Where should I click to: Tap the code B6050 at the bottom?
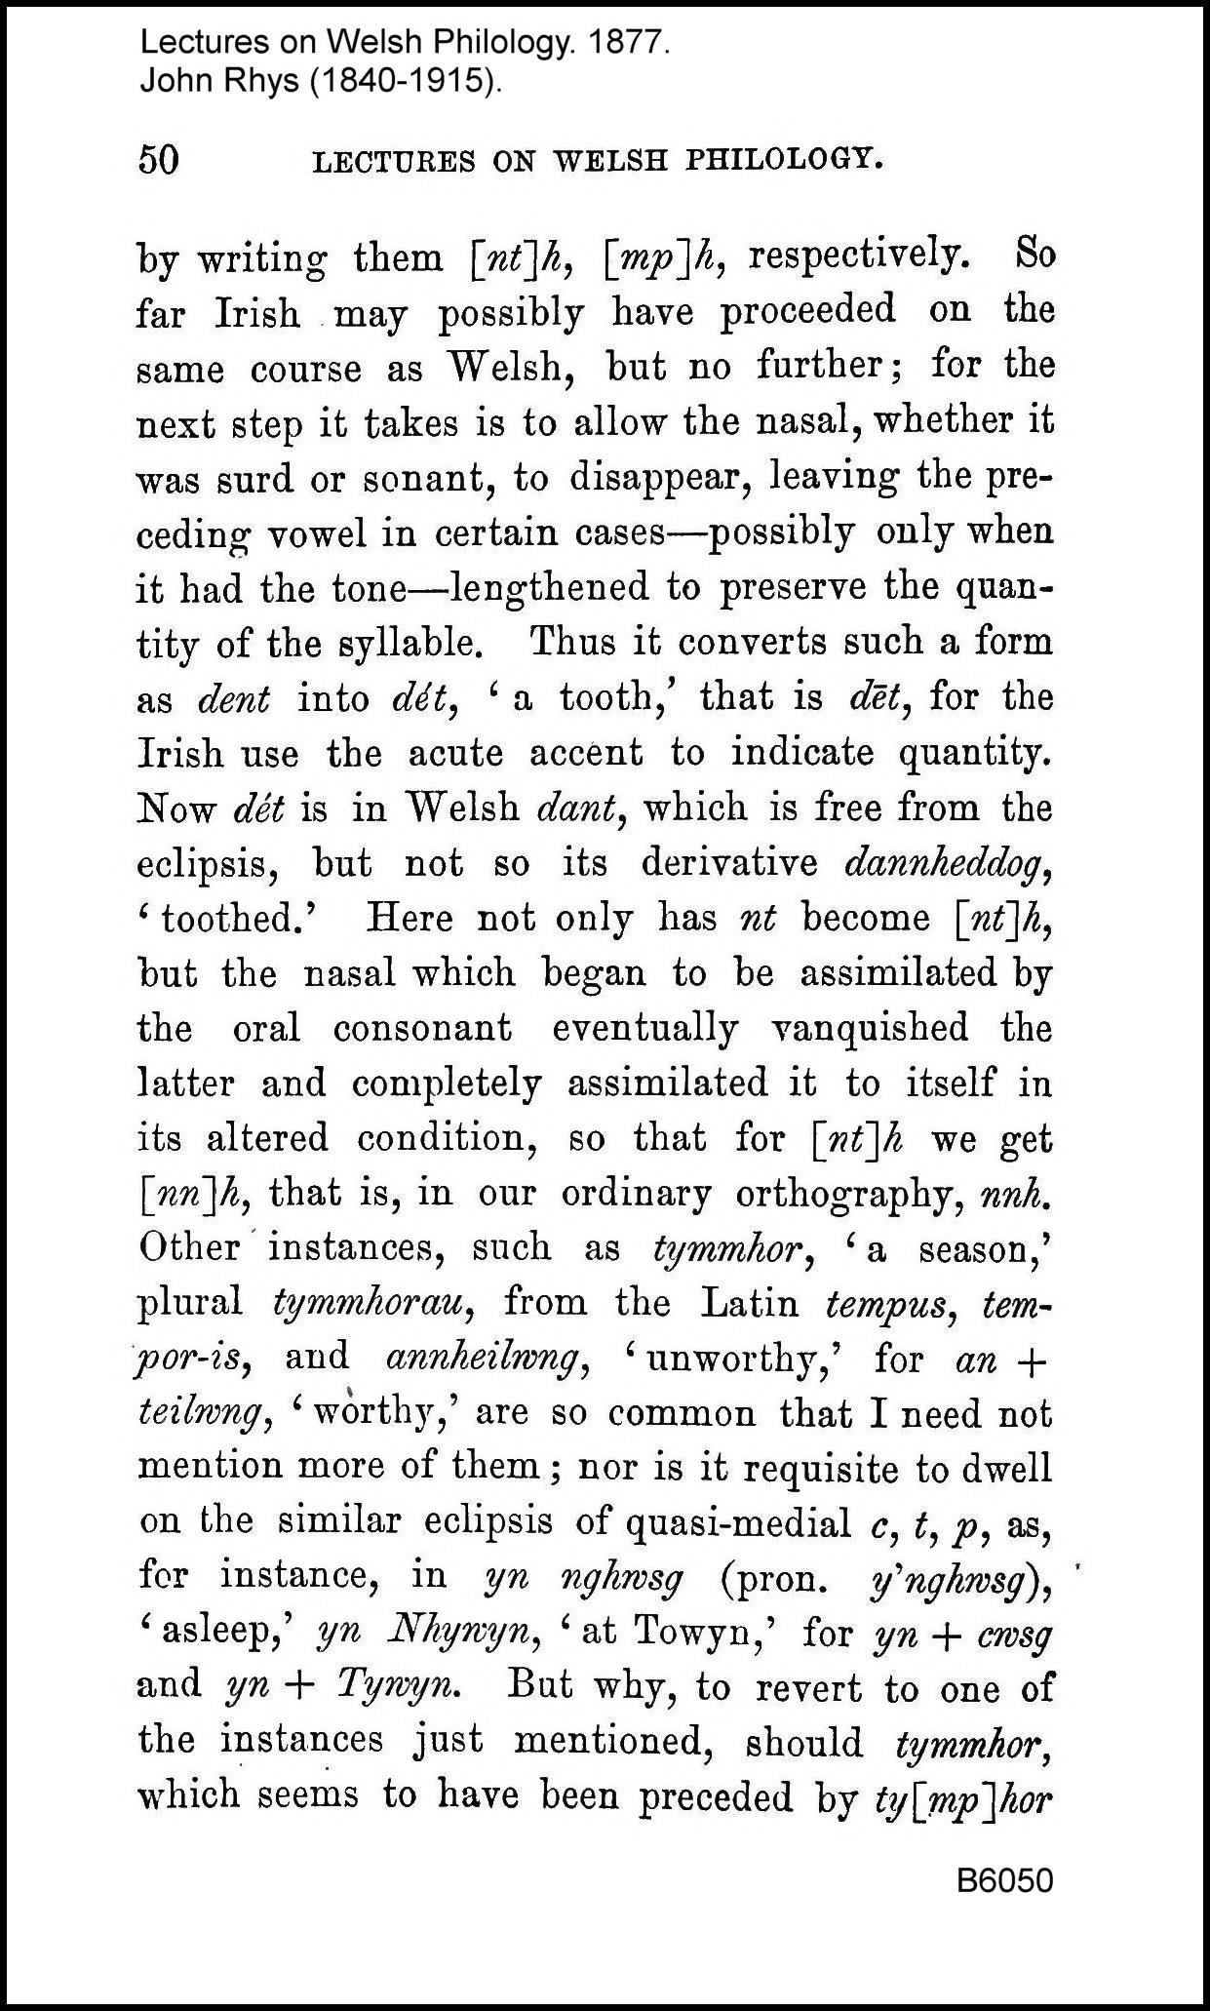(x=1004, y=1880)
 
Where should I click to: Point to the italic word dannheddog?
(x=946, y=863)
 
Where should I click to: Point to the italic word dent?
(x=233, y=699)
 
